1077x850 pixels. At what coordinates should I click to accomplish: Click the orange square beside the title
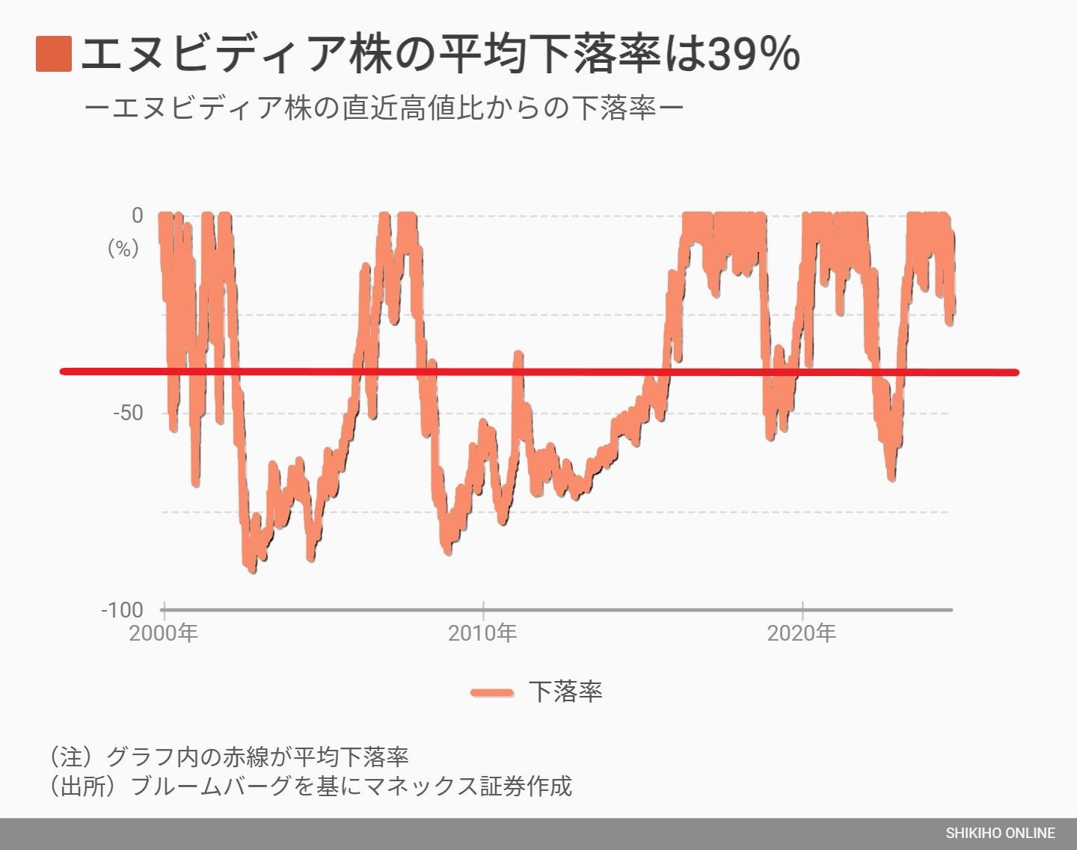point(53,54)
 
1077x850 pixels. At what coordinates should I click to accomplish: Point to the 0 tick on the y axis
point(137,215)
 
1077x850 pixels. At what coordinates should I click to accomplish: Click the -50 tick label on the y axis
point(127,413)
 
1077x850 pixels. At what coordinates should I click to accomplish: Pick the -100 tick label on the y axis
point(122,610)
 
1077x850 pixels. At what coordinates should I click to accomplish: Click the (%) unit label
point(123,248)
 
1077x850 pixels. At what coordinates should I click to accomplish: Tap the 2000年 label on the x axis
point(163,633)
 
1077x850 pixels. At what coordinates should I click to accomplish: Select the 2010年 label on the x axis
point(482,633)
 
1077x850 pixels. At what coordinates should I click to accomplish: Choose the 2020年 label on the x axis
point(802,633)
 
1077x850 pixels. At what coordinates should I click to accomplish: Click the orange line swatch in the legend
point(492,692)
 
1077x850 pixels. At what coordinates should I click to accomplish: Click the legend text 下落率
point(565,692)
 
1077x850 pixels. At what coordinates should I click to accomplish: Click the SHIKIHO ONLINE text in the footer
point(1000,833)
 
